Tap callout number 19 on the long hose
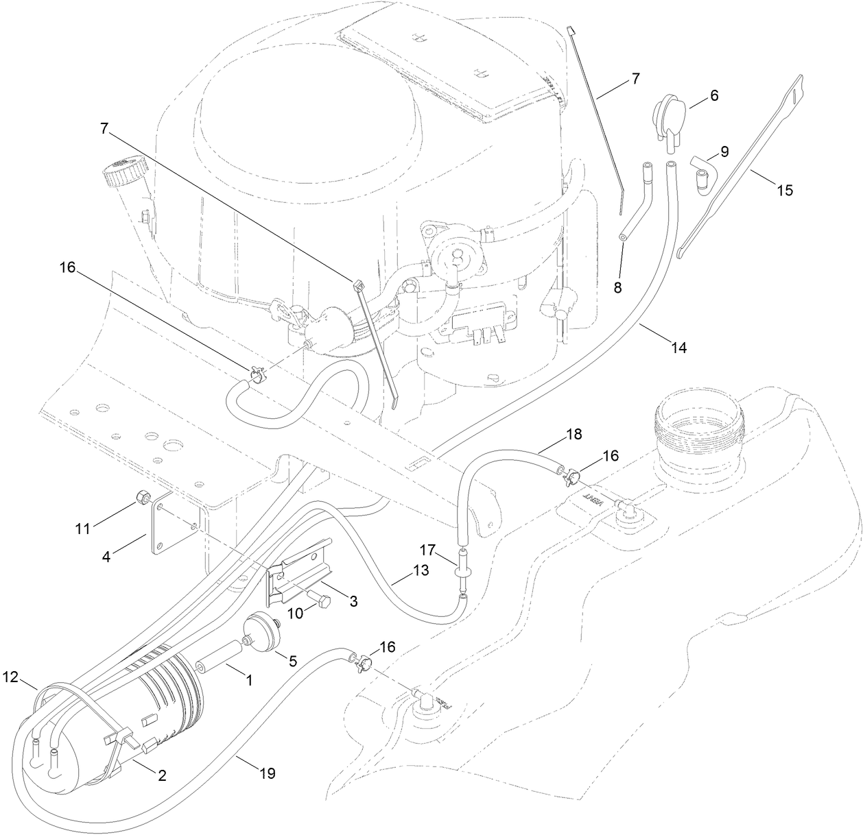click(267, 774)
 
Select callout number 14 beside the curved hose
click(678, 348)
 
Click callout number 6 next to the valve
click(713, 97)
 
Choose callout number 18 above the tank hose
click(574, 435)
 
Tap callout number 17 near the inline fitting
click(428, 549)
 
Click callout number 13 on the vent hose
click(421, 570)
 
